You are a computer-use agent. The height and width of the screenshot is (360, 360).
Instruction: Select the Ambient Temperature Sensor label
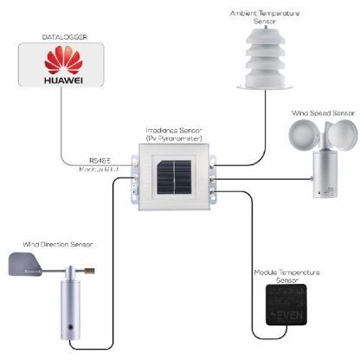[264, 17]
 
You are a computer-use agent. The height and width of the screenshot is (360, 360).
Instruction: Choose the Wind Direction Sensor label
[56, 246]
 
